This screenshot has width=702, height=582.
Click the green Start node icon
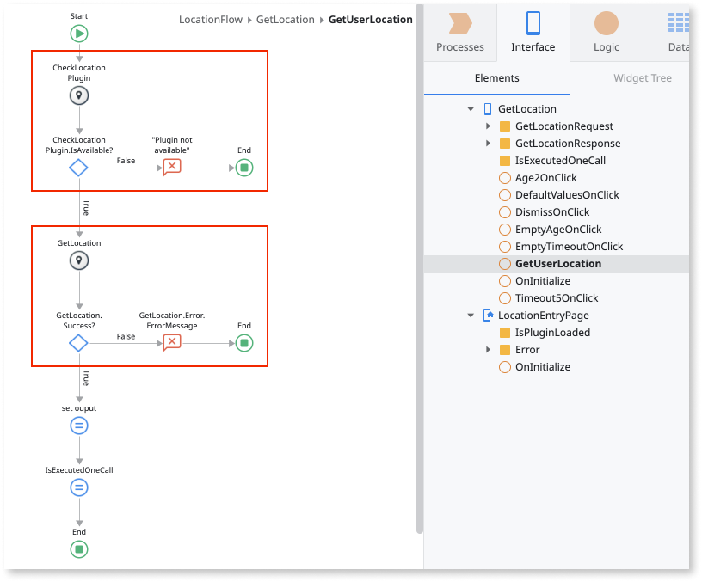point(79,34)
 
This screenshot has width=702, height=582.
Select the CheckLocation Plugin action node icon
point(79,95)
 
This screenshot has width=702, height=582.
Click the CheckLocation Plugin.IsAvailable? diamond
point(78,168)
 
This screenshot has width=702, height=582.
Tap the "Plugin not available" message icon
point(172,168)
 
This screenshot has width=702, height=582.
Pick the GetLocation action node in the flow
point(79,260)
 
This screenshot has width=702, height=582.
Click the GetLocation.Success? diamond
point(78,343)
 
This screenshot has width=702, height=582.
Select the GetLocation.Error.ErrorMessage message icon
point(172,343)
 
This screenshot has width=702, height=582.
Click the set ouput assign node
point(79,426)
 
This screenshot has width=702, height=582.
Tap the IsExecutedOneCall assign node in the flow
point(79,487)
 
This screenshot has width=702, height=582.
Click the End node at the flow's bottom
point(79,549)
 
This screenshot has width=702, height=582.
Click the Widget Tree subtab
point(642,78)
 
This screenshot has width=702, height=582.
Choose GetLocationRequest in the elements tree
point(563,126)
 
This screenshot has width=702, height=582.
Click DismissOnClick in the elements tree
point(551,212)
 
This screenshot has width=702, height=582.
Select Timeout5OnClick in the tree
point(556,298)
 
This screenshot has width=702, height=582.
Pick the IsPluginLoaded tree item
point(552,333)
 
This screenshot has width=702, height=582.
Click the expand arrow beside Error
point(488,350)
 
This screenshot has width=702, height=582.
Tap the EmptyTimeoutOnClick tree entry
point(569,247)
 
